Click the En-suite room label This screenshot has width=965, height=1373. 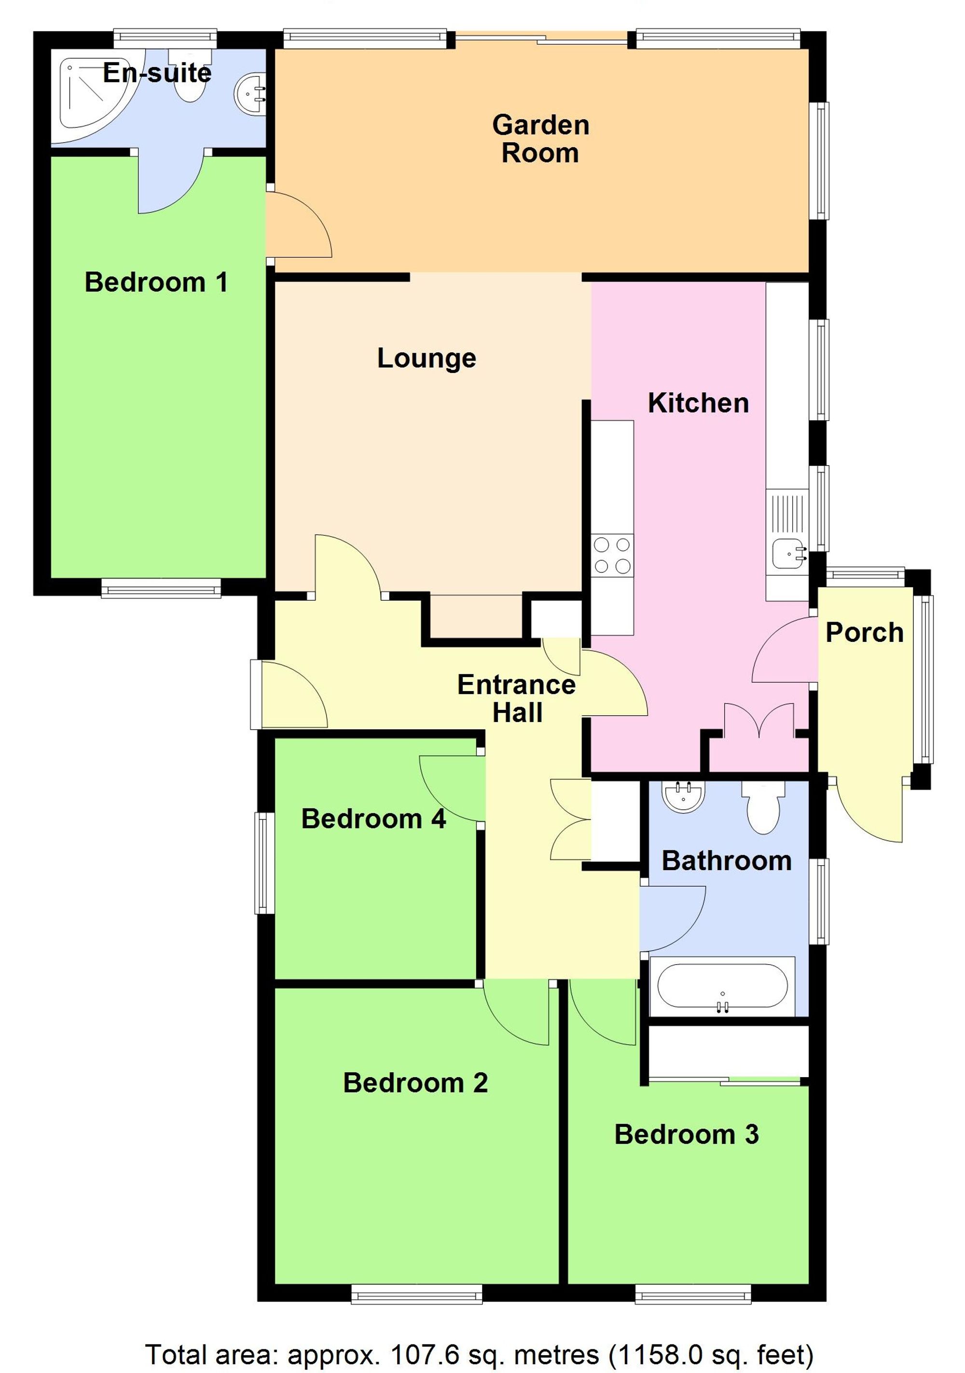tap(157, 73)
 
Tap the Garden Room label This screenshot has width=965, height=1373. tap(540, 139)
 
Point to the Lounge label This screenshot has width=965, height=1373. tap(427, 358)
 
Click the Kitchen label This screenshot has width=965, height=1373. tap(698, 403)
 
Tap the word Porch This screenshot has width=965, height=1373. tap(864, 633)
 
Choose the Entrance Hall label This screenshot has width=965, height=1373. tap(517, 698)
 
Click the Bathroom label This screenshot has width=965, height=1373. tap(727, 861)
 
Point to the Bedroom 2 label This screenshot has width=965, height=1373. tap(415, 1083)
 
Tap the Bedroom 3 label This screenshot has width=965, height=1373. tap(687, 1135)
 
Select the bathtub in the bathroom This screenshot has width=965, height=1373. tap(722, 987)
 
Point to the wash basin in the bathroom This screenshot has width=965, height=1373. tap(683, 796)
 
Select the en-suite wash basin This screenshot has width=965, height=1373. tap(250, 93)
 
